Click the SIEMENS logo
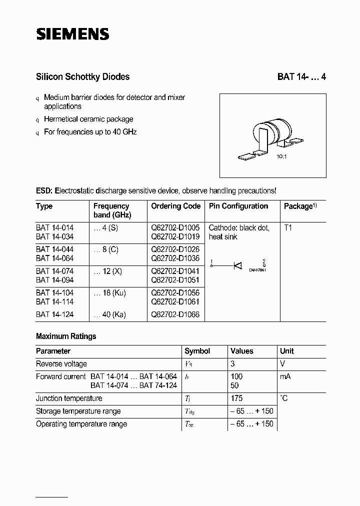pyautogui.click(x=72, y=33)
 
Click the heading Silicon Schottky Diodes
pyautogui.click(x=82, y=77)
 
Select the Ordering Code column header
pyautogui.click(x=175, y=206)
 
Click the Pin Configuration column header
pyautogui.click(x=238, y=206)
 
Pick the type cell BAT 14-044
pyautogui.click(x=54, y=249)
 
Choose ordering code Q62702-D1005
pyautogui.click(x=175, y=227)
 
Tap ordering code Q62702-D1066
pyautogui.click(x=175, y=314)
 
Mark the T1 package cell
pyautogui.click(x=288, y=227)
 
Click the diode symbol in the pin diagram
pyautogui.click(x=238, y=265)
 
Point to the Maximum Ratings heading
pyautogui.click(x=66, y=336)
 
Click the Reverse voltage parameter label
pyautogui.click(x=61, y=364)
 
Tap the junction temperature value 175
pyautogui.click(x=237, y=398)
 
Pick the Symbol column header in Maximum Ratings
pyautogui.click(x=197, y=351)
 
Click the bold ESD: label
pyautogui.click(x=44, y=191)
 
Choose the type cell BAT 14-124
pyautogui.click(x=54, y=314)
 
